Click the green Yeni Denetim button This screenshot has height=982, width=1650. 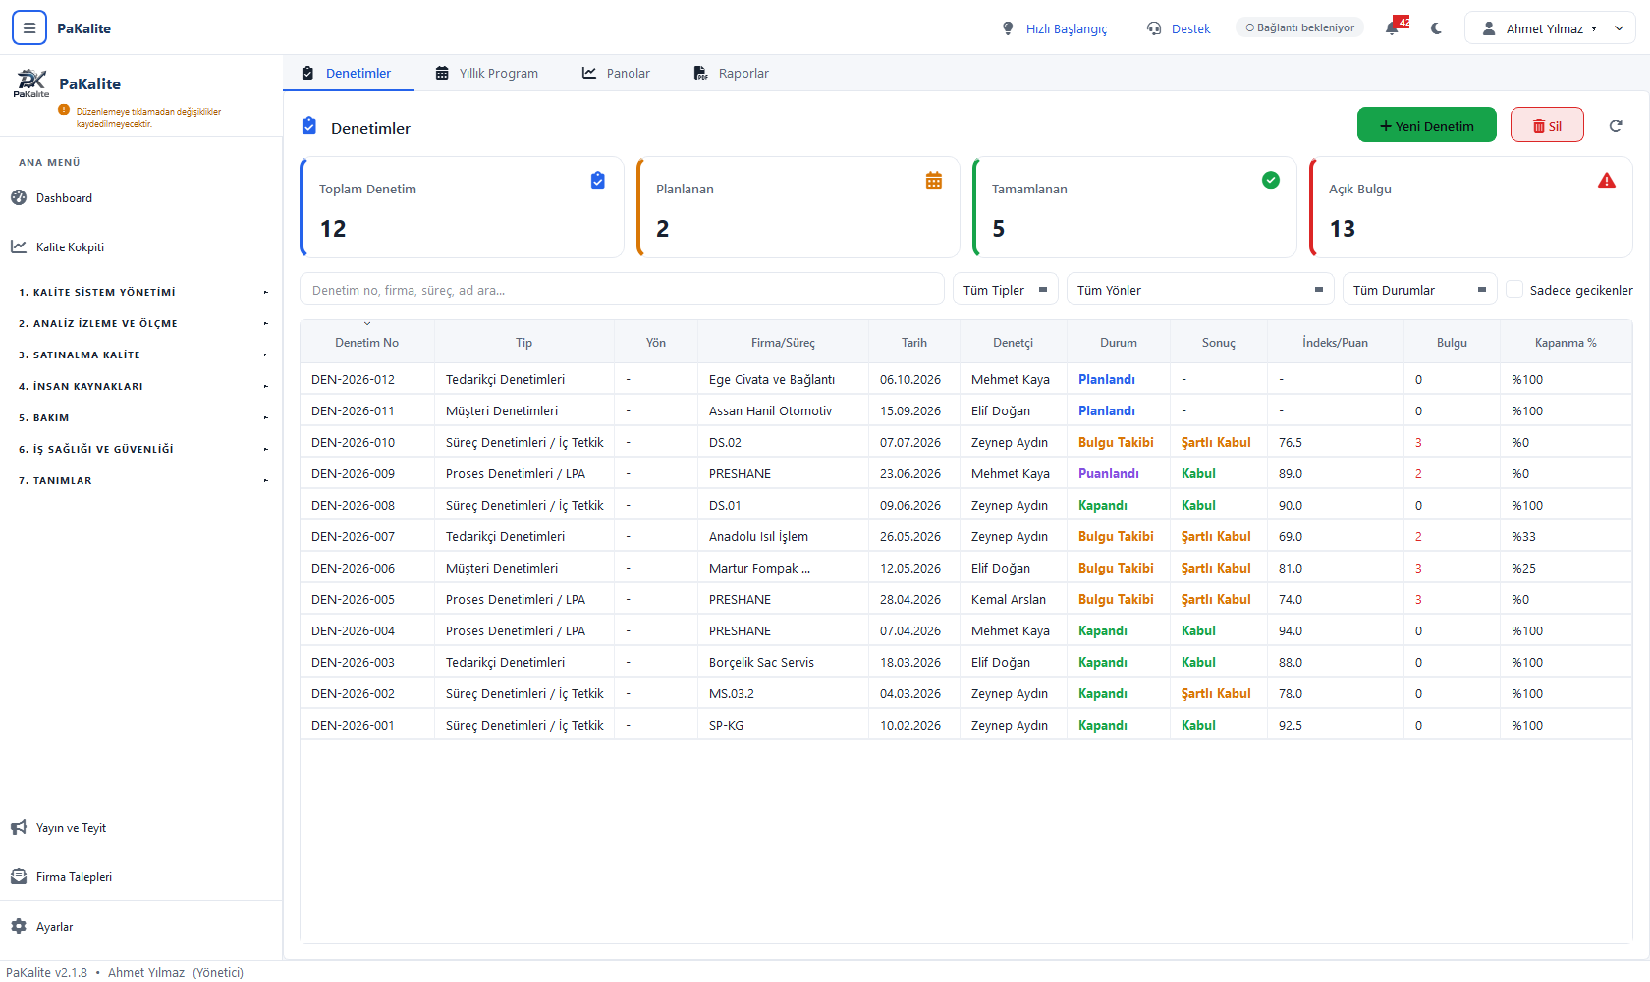[x=1426, y=126]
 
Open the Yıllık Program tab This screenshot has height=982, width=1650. [x=487, y=73]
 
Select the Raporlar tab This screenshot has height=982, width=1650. [x=732, y=73]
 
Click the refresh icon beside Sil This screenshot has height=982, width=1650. [x=1616, y=126]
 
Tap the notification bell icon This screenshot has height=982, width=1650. [x=1392, y=28]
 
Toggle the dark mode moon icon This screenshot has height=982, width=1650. [x=1436, y=28]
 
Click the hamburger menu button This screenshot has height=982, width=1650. [x=29, y=28]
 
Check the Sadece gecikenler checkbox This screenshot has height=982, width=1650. [x=1514, y=290]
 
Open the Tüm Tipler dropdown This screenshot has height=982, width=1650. [x=1006, y=290]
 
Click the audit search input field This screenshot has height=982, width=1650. [x=622, y=290]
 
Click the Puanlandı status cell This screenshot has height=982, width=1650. [x=1109, y=473]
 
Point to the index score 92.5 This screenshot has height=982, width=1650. [x=1291, y=725]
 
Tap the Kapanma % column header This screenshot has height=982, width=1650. [x=1566, y=343]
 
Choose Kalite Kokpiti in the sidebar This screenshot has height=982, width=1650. [x=70, y=246]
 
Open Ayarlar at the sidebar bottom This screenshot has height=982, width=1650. [x=55, y=927]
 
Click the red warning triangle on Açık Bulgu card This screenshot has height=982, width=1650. [x=1607, y=181]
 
